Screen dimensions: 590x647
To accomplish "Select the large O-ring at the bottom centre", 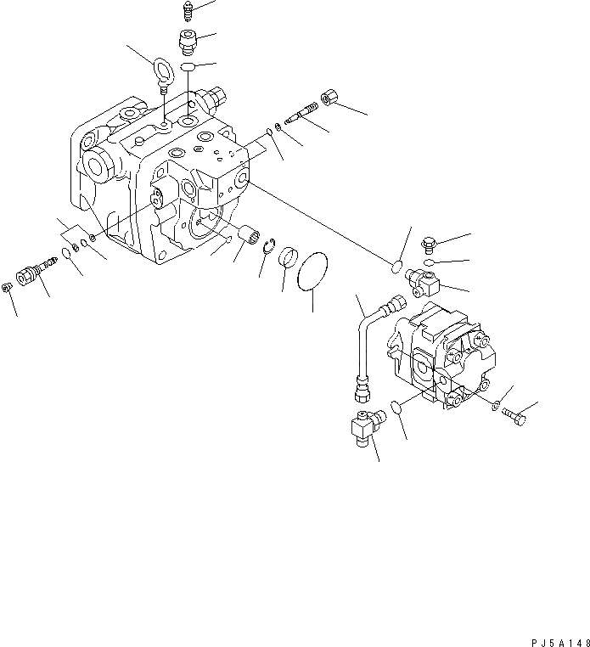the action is (313, 269).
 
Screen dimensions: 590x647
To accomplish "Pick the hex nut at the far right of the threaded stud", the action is (330, 99).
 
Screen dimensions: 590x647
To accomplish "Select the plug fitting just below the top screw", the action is (186, 39).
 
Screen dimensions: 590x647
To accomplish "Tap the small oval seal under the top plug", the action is (190, 66).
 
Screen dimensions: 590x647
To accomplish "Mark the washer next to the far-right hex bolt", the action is (496, 407).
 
